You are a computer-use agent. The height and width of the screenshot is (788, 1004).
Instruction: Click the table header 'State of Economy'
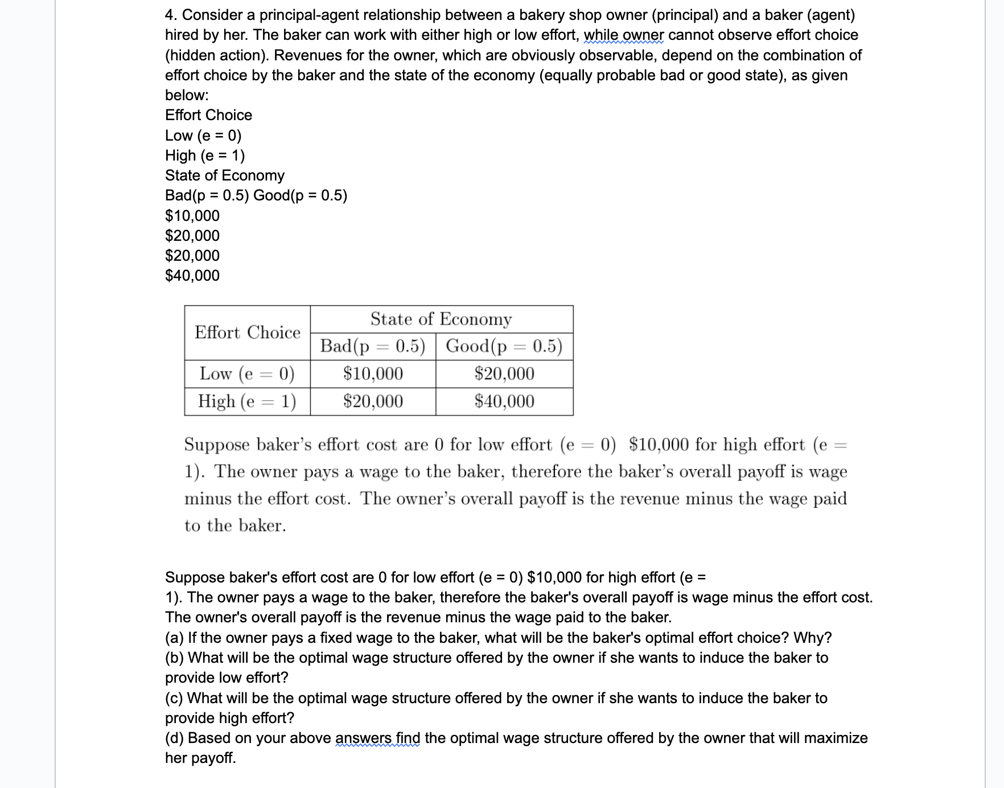(x=441, y=319)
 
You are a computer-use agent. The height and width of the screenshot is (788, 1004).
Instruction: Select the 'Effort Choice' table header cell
(x=248, y=333)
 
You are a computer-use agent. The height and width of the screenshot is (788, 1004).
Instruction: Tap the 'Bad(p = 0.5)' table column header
(x=373, y=346)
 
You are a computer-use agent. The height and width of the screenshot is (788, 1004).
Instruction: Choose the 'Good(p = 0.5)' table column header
(x=504, y=346)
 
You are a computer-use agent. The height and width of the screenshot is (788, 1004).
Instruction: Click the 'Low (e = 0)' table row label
(x=247, y=374)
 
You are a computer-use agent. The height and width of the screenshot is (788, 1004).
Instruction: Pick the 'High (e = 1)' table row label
(x=247, y=401)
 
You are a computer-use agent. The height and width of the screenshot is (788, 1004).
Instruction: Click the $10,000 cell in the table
(x=373, y=374)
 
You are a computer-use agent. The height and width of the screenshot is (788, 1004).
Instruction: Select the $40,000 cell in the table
(x=504, y=401)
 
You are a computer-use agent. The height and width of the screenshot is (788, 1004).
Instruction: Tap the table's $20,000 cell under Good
(x=504, y=374)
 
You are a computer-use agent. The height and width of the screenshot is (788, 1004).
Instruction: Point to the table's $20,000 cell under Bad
(x=373, y=401)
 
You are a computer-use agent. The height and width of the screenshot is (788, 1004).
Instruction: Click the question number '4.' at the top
(x=171, y=15)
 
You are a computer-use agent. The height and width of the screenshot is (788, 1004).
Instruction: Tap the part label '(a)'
(x=174, y=638)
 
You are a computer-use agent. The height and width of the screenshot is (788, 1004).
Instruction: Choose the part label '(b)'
(x=174, y=658)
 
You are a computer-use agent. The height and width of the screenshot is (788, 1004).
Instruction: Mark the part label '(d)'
(x=174, y=738)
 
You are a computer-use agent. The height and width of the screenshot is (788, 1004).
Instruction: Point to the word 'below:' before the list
(x=187, y=95)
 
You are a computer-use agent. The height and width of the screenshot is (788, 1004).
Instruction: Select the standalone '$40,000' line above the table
(x=192, y=276)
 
